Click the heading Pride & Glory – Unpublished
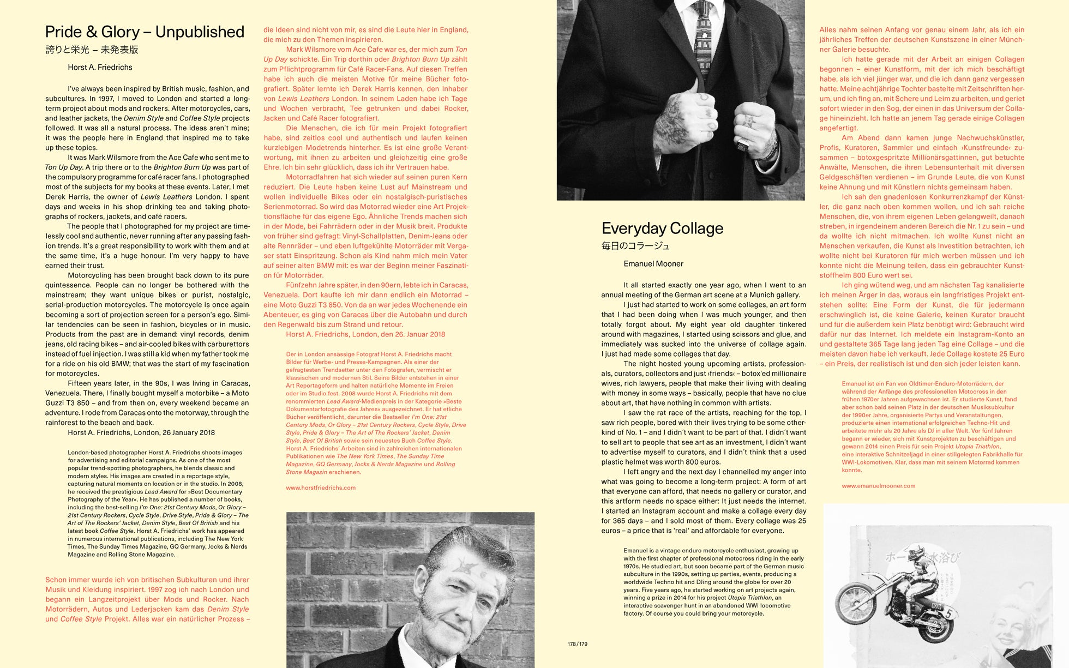(x=145, y=32)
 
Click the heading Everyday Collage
(x=662, y=228)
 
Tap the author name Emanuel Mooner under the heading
(x=653, y=264)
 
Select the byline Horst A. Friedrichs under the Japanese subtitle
(x=100, y=68)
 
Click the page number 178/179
(x=577, y=644)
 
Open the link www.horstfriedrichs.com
(x=321, y=488)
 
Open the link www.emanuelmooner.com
(x=878, y=486)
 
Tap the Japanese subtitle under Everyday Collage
(x=635, y=246)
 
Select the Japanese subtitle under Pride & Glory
(x=92, y=50)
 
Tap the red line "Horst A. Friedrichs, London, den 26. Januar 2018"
(x=365, y=334)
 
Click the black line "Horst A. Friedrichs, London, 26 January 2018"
(x=141, y=432)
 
